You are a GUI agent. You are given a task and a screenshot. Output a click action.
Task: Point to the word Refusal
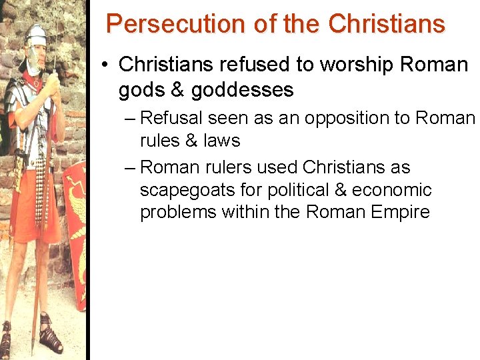click(x=171, y=118)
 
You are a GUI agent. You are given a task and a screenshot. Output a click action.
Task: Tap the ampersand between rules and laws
click(x=192, y=141)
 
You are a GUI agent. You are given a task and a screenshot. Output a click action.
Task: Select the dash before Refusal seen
click(x=130, y=119)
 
